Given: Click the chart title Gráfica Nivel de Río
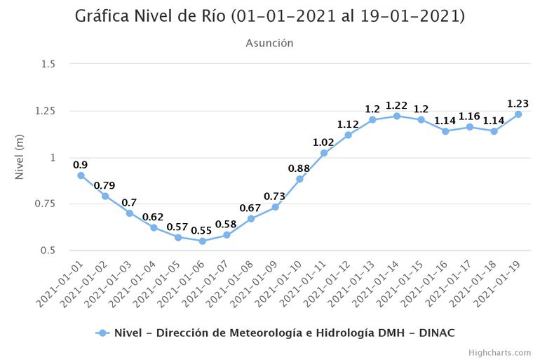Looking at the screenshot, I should [270, 16].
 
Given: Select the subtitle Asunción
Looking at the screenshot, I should [270, 44].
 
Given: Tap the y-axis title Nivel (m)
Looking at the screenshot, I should [20, 157].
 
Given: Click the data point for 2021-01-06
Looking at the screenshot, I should [203, 241].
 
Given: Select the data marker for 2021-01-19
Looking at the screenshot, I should [518, 114].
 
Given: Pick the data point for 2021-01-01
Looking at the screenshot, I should [81, 175].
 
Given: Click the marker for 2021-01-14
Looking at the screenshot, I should [397, 116].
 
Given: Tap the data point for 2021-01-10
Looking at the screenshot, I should [299, 179].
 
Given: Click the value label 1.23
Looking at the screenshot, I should [518, 104].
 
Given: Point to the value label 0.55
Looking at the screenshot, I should [202, 230].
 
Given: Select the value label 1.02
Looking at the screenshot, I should [323, 142].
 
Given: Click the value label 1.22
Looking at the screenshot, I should [396, 105].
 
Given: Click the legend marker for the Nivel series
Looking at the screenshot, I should [102, 333].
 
